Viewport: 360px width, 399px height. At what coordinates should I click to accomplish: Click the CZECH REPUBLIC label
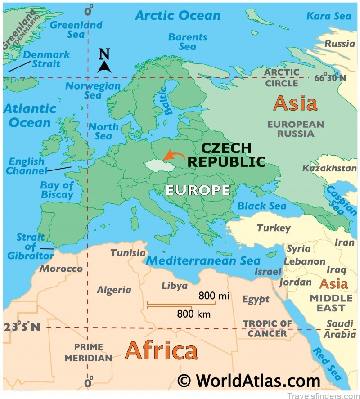coord(226,155)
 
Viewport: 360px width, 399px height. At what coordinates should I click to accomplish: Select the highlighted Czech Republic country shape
coord(159,165)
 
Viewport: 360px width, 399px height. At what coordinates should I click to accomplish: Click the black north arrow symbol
coord(104,67)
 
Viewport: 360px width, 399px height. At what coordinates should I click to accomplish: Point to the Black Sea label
coord(261,206)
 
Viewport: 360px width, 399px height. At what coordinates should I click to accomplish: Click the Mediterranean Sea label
coord(203,260)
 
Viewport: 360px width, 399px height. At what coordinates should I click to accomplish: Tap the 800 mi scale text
coord(214,296)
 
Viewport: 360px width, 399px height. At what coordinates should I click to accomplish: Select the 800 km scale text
coord(193,314)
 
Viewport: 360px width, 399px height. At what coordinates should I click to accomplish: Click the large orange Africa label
coord(161,350)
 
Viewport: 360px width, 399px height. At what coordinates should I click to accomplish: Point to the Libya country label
coord(174,286)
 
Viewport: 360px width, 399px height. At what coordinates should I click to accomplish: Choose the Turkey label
coord(274,228)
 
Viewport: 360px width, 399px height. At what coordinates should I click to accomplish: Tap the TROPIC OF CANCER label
coord(267,328)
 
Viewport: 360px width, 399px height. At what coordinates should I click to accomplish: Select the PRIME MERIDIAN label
coord(88,352)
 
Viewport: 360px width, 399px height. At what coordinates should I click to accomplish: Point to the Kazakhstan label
coord(323,169)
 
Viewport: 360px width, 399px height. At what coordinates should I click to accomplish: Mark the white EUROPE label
coord(198,190)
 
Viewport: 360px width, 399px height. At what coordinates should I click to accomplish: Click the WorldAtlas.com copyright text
coord(249,380)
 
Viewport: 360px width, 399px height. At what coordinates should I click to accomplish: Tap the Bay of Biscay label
coord(57,190)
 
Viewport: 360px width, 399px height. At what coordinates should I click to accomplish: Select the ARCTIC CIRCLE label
coord(282,77)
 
